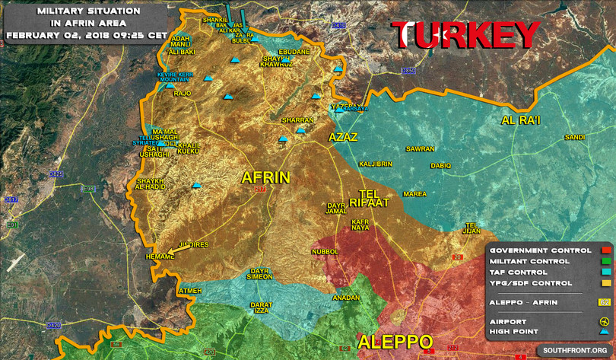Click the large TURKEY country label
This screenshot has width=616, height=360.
coord(465,36)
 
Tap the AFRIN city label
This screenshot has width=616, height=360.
coord(265,177)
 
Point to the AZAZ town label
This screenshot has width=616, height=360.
coord(342,137)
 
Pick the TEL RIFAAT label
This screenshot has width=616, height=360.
coord(368,196)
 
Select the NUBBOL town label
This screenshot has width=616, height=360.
coord(325,251)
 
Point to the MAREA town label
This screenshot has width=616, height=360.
coord(414,194)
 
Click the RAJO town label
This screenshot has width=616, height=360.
coord(183,94)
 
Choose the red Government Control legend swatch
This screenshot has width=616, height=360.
coord(605,250)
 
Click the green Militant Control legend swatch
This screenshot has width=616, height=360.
coord(605,261)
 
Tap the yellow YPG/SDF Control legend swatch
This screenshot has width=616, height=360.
coord(605,282)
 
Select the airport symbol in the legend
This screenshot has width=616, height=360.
coord(605,321)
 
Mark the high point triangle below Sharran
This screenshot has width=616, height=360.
coord(282,139)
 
